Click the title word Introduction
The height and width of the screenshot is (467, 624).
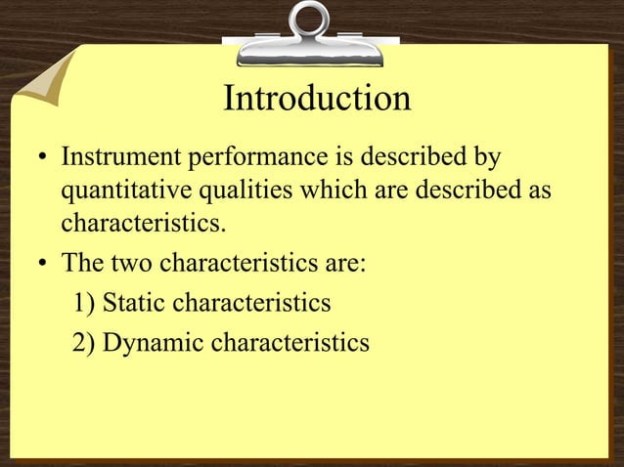point(316,99)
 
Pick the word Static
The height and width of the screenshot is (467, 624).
point(132,304)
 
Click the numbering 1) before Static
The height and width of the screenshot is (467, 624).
point(84,304)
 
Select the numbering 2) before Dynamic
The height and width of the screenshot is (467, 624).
point(84,343)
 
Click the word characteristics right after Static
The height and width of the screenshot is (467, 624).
point(251,304)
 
